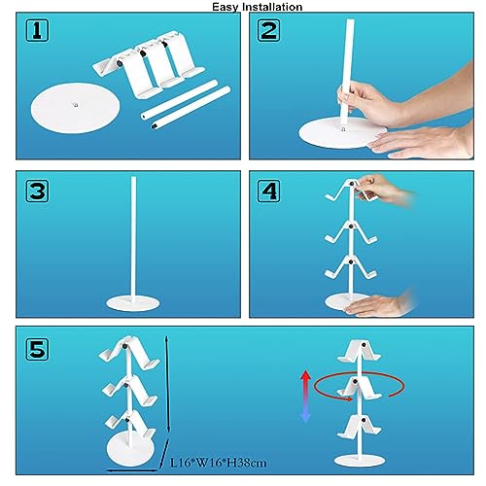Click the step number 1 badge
point(37,30)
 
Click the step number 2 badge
point(268,30)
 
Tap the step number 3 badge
point(37,191)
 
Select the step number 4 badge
point(268,191)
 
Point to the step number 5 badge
point(37,349)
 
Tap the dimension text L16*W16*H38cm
point(219,463)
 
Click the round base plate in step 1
point(75,108)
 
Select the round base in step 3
point(133,303)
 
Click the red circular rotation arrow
point(359,386)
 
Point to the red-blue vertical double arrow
point(305,397)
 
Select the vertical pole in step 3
point(133,239)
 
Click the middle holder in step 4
point(351,232)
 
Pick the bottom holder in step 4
point(351,267)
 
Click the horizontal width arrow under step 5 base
point(132,470)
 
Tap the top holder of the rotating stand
point(359,351)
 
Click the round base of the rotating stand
point(360,461)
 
